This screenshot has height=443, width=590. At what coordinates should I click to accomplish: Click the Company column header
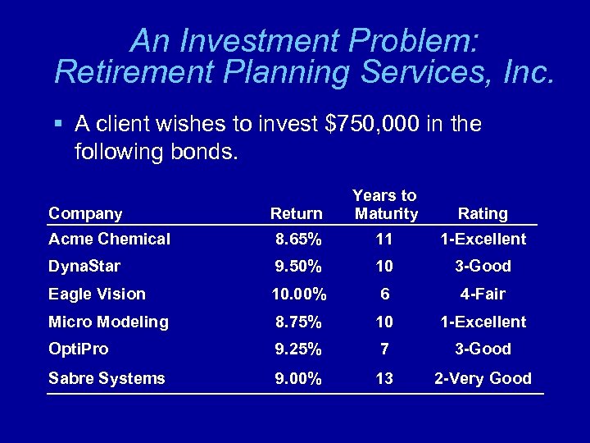click(85, 213)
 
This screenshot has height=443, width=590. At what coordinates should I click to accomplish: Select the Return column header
click(296, 213)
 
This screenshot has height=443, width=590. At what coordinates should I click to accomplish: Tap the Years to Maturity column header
click(384, 204)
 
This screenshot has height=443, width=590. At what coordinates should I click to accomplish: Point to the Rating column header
click(483, 213)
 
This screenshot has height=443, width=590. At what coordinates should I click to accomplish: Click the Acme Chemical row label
click(109, 240)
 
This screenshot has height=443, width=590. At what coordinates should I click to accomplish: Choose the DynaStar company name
click(84, 267)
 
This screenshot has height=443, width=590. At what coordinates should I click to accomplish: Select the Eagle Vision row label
click(97, 294)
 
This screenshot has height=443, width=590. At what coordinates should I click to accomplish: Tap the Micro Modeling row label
click(108, 322)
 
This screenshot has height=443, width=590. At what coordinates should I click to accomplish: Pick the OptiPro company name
click(78, 349)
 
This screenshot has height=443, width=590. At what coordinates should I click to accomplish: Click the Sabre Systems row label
click(107, 378)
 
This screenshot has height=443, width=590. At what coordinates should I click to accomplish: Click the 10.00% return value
click(298, 294)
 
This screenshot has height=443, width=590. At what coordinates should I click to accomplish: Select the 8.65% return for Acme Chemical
click(298, 240)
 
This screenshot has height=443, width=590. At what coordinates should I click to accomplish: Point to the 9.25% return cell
click(298, 349)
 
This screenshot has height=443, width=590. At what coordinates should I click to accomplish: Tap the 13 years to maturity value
click(384, 378)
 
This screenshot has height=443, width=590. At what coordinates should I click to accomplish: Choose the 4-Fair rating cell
click(483, 294)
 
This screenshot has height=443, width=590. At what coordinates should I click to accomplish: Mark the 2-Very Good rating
click(483, 378)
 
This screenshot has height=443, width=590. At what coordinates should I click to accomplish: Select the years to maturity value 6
click(384, 294)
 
